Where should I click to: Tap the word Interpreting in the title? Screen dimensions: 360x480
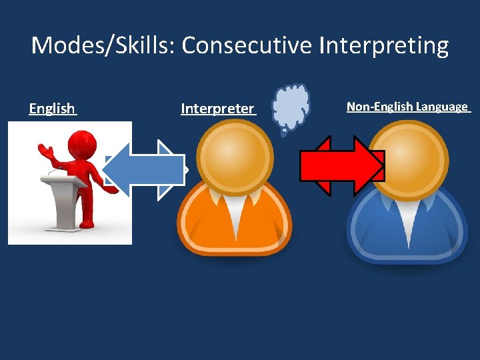tap(384, 46)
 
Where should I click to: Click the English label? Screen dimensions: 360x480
tap(52, 109)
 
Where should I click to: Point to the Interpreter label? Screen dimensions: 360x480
tap(217, 109)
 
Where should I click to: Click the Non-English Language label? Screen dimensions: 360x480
tap(407, 107)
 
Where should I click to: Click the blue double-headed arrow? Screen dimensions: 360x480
tap(145, 169)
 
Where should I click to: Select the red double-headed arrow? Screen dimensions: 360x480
tap(342, 166)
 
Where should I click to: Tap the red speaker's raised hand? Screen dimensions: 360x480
tap(43, 149)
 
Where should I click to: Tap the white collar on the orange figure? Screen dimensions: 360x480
tap(233, 207)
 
